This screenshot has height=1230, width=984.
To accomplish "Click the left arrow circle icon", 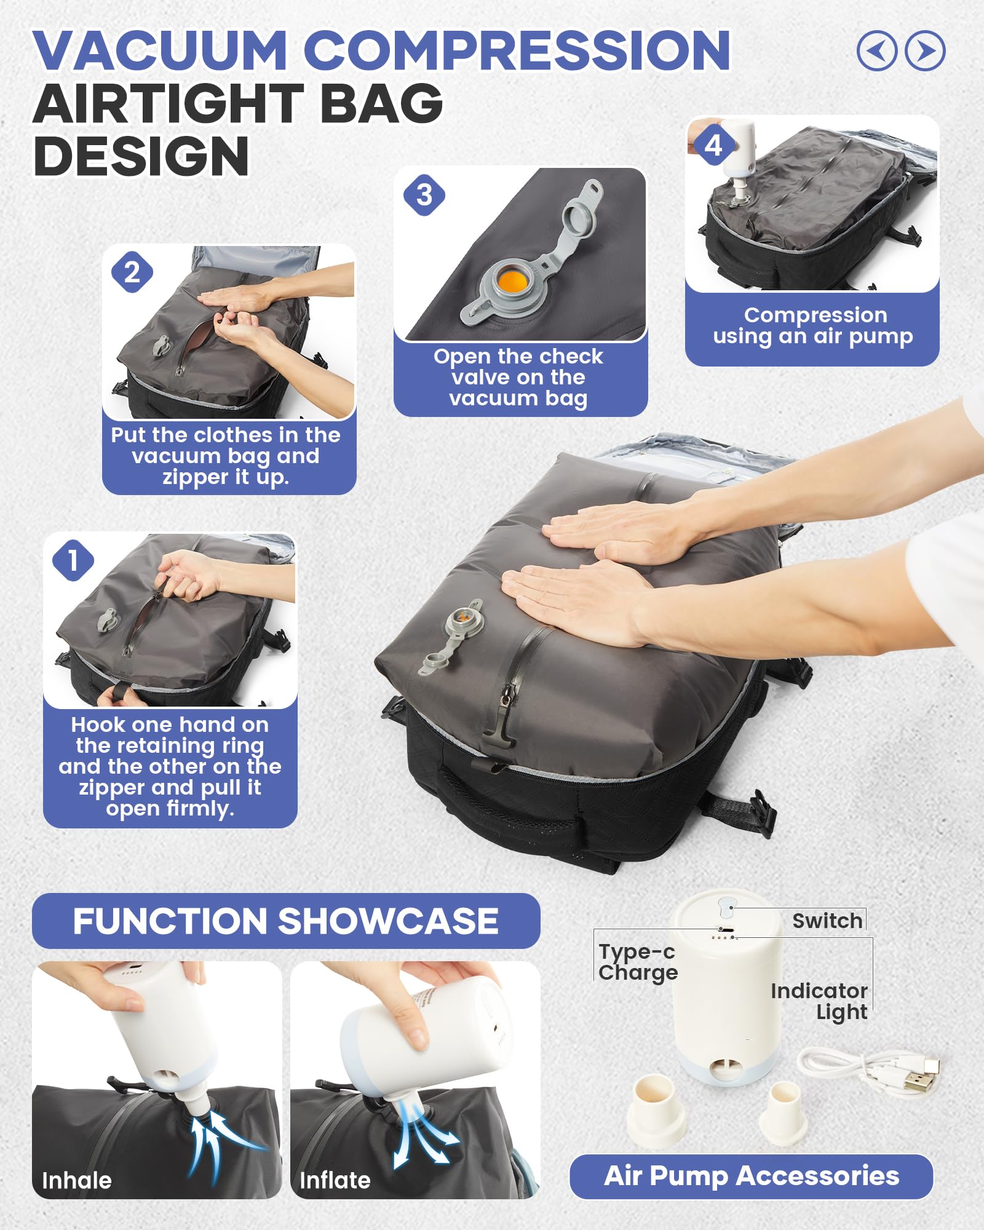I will [x=877, y=50].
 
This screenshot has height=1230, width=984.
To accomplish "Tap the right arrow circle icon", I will [x=925, y=50].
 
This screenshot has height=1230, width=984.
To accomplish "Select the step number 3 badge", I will [x=424, y=196].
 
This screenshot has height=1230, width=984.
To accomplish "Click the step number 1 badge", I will [x=73, y=560].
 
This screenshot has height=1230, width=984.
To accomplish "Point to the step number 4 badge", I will [x=713, y=146].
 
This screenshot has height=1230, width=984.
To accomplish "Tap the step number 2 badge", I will [x=132, y=272].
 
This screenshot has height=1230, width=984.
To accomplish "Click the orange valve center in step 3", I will [x=512, y=281].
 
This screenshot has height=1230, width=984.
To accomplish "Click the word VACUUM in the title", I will [x=160, y=50].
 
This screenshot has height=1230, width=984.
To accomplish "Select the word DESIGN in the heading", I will [x=141, y=156].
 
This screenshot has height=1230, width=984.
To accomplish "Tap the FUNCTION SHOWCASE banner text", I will [x=286, y=921].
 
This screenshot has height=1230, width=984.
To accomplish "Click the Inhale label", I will [x=77, y=1180].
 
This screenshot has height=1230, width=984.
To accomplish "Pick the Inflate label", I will [x=335, y=1180].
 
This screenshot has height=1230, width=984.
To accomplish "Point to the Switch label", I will [x=827, y=921].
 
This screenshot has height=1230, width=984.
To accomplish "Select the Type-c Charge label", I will [x=638, y=962].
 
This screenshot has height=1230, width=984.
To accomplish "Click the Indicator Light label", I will [x=819, y=1001].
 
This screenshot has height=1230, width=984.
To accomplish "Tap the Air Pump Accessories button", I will [x=751, y=1176].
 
